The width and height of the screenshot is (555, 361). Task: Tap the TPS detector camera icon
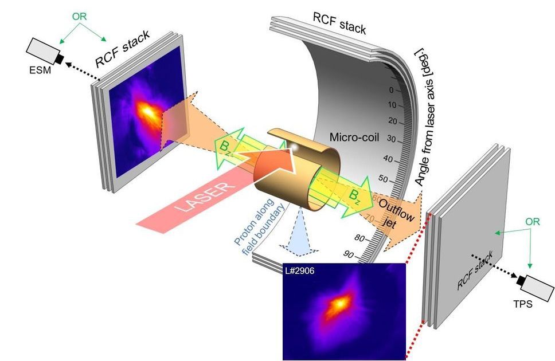[533, 284]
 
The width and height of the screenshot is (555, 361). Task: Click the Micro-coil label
[353, 137]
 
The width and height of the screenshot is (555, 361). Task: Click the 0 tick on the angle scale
[391, 90]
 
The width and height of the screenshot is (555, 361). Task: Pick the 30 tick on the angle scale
[392, 139]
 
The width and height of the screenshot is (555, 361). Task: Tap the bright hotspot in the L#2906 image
[342, 302]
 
